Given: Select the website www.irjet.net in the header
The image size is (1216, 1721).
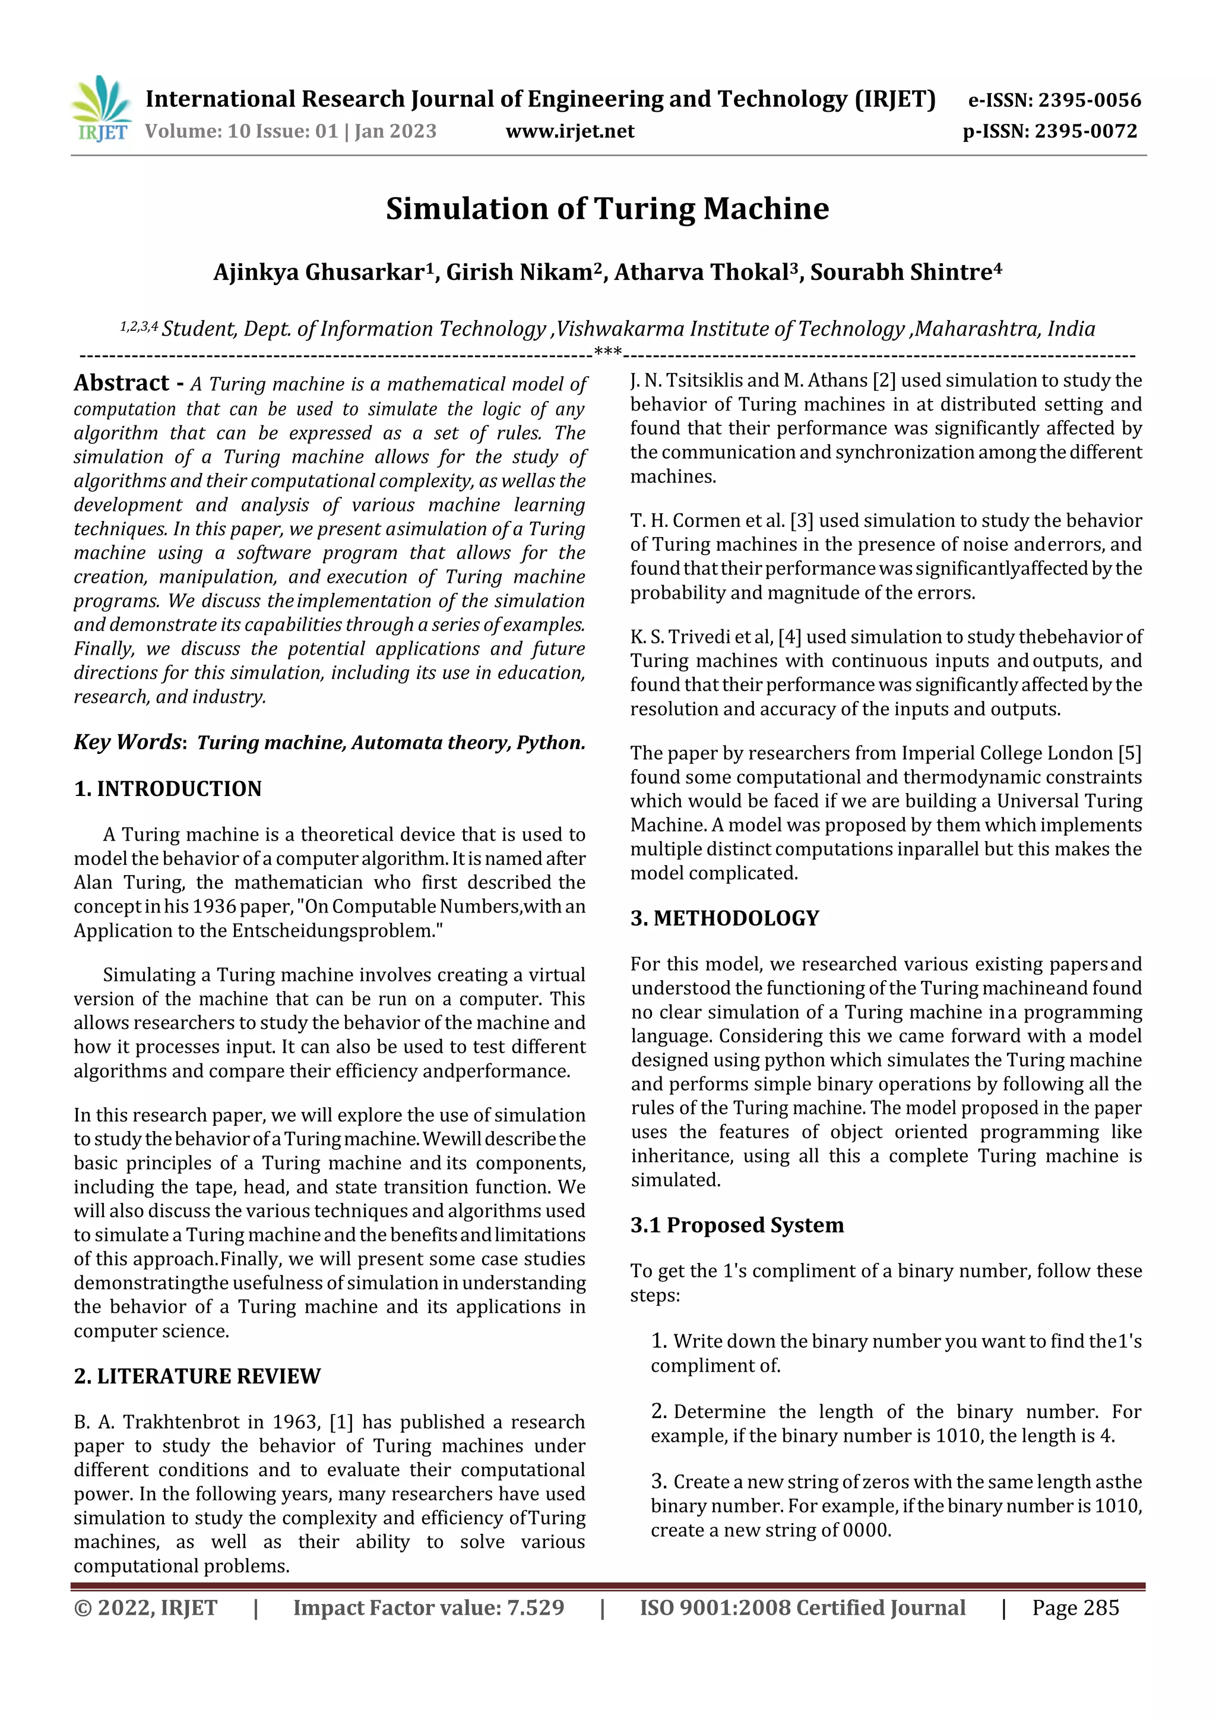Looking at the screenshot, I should (569, 132).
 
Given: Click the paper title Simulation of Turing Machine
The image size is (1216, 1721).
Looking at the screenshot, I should (607, 209).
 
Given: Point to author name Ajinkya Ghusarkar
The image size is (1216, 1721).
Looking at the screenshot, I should (319, 272).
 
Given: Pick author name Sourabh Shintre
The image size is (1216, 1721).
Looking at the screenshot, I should (901, 272).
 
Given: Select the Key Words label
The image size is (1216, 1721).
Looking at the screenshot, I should (128, 742).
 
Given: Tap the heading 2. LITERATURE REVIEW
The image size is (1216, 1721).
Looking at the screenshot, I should (197, 1376).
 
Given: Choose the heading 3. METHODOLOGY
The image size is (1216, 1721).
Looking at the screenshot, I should (724, 918).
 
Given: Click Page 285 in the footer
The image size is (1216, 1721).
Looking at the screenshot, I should (1075, 1608).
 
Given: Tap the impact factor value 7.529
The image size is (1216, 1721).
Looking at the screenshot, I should (535, 1608).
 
